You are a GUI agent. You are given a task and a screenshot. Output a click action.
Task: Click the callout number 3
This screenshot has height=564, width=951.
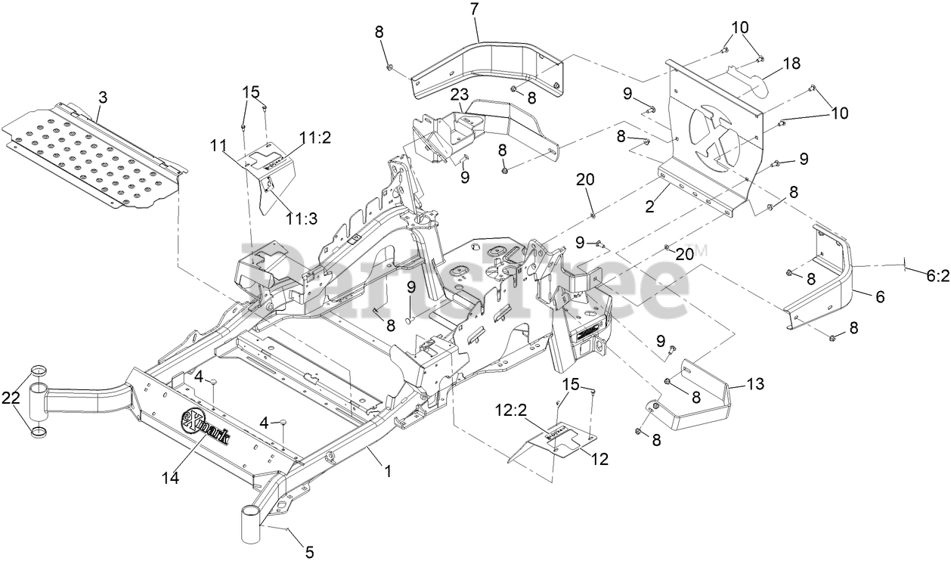pyautogui.click(x=103, y=96)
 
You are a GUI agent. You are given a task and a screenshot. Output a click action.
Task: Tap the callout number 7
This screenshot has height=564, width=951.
pyautogui.click(x=474, y=11)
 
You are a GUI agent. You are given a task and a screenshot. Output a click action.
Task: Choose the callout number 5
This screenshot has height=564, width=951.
pyautogui.click(x=309, y=552)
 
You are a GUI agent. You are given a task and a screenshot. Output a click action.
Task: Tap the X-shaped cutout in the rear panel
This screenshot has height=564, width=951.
pyautogui.click(x=714, y=135)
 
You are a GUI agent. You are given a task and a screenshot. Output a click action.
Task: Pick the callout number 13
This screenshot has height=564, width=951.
pyautogui.click(x=755, y=385)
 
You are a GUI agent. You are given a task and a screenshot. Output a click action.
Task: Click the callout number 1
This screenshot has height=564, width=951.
pyautogui.click(x=388, y=470)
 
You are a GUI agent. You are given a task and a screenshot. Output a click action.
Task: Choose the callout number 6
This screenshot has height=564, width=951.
pyautogui.click(x=879, y=298)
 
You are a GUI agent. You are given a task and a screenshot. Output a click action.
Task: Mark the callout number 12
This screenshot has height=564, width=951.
pyautogui.click(x=599, y=458)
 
